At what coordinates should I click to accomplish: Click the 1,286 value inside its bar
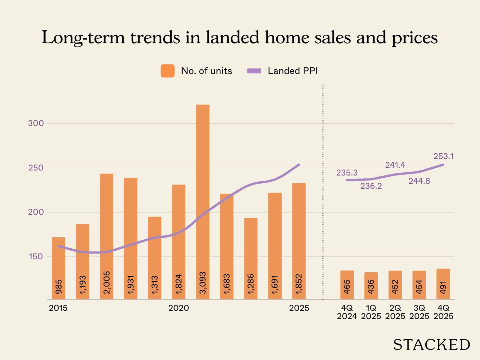pos(251,284)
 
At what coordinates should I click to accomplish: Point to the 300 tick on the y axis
pos(36,123)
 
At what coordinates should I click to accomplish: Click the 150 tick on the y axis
pos(36,256)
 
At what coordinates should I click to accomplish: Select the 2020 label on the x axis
pos(178,308)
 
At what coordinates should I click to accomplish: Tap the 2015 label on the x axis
pos(58,308)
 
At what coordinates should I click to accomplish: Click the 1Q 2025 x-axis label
pos(371,312)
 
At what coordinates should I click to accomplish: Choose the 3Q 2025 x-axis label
pos(419,312)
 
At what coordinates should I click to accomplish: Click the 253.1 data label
pos(443,156)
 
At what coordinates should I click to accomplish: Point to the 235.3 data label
pos(347,173)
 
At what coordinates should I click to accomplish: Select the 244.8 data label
pos(419,181)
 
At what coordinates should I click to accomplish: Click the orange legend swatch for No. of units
pos(167,71)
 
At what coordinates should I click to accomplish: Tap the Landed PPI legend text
pos(292,71)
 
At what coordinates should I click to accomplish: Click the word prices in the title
pos(415,38)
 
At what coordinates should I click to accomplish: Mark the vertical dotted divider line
pos(323,192)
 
